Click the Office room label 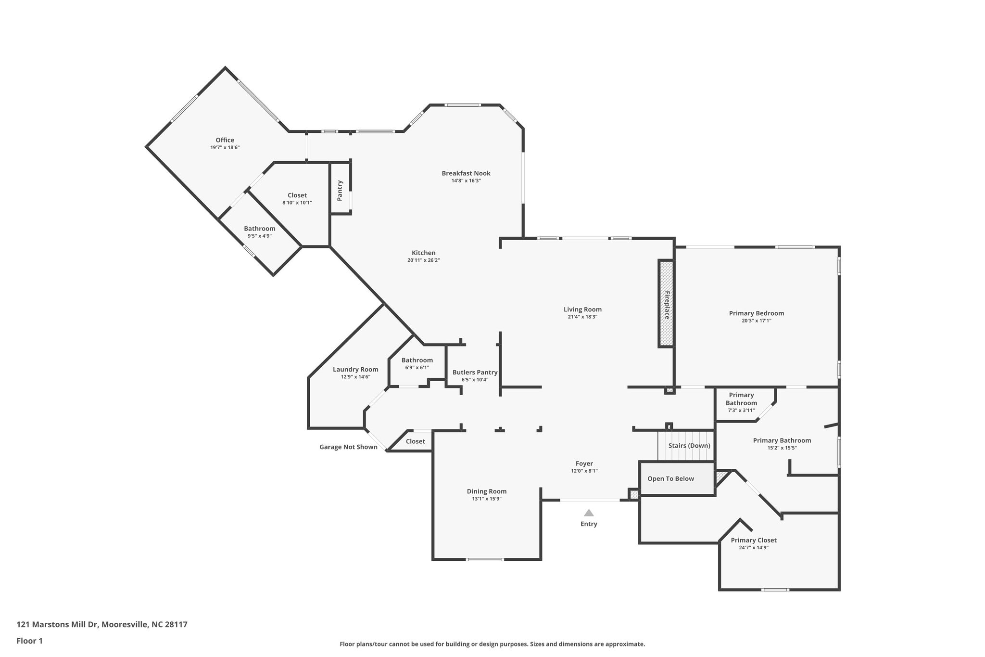tap(225, 140)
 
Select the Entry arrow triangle tap(589, 513)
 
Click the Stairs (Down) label tap(689, 445)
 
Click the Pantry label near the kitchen tap(340, 190)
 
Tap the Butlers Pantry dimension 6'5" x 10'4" tap(475, 380)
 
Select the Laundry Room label tap(355, 369)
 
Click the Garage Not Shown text tap(348, 447)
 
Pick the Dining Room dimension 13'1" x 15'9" tap(487, 499)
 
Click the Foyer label tap(584, 464)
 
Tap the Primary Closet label tap(753, 540)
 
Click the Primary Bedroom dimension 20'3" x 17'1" tap(756, 321)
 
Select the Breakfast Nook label tap(466, 173)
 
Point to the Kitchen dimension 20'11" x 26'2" tap(423, 260)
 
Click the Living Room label tap(582, 309)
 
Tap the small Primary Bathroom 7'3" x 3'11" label tap(741, 402)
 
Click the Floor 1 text tap(30, 641)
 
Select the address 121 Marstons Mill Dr tap(102, 624)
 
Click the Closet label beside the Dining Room tap(415, 441)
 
